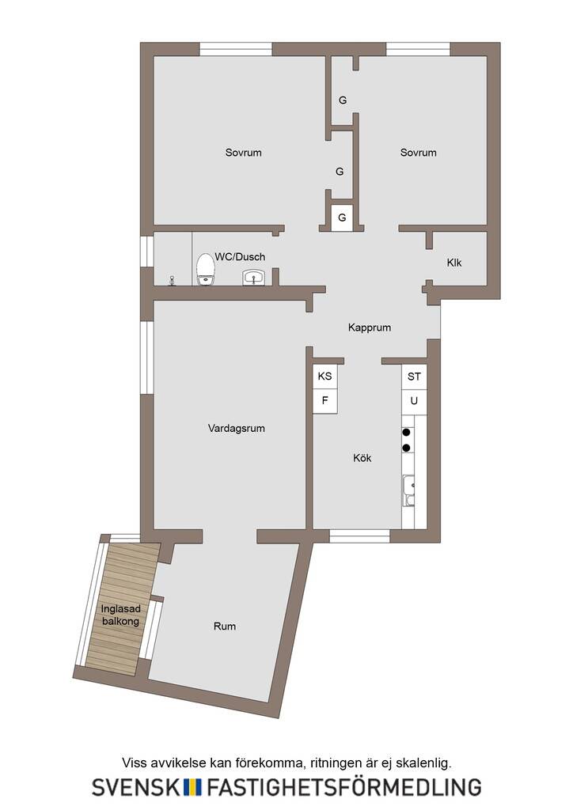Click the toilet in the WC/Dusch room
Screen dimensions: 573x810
(x=206, y=269)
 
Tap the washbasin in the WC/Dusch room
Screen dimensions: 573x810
(x=254, y=278)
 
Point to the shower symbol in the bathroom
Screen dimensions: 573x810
(x=172, y=281)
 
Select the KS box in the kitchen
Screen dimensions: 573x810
(x=325, y=376)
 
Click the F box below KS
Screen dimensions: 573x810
(x=325, y=401)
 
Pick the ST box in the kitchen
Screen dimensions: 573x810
(x=414, y=377)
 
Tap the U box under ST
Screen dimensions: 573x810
(x=414, y=401)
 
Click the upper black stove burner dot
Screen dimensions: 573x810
(x=407, y=432)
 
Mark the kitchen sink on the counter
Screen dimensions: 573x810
(x=408, y=490)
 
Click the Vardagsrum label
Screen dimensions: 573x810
(x=236, y=428)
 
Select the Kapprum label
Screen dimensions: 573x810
(x=370, y=327)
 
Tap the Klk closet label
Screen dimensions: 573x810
(x=454, y=263)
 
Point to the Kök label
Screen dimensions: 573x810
(x=362, y=458)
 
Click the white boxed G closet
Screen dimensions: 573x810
(x=342, y=218)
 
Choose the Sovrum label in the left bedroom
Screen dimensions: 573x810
(x=243, y=153)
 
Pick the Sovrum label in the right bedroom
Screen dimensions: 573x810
(x=418, y=153)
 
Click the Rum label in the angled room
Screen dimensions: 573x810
(x=225, y=626)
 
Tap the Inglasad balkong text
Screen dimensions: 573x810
(x=120, y=615)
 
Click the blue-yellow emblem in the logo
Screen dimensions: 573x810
(x=193, y=787)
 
